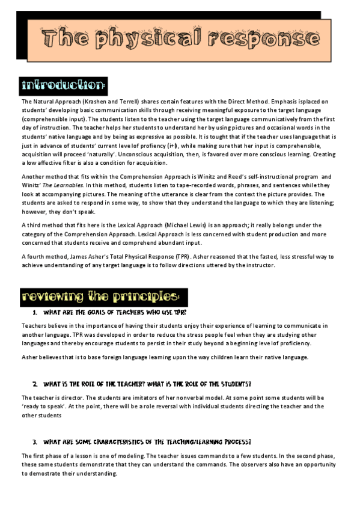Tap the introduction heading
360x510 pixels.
click(x=64, y=83)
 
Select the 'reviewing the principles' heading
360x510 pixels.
click(x=100, y=296)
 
